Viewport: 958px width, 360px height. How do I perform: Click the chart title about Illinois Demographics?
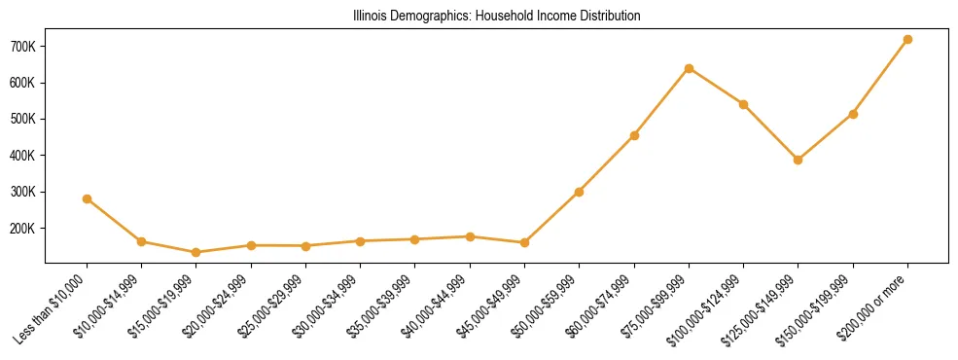496,17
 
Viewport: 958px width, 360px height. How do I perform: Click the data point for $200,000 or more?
907,40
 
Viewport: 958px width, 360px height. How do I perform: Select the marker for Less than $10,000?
88,198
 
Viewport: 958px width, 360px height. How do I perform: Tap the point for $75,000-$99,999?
689,68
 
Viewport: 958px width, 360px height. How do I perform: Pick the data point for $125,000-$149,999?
798,160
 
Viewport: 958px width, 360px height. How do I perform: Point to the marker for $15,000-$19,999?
196,252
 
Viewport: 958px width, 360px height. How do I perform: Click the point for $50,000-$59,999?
580,192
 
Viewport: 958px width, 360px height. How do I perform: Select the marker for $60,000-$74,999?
634,135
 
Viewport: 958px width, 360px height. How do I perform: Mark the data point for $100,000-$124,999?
744,104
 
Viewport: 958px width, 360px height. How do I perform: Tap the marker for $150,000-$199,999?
853,114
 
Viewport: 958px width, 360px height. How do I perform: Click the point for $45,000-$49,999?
525,242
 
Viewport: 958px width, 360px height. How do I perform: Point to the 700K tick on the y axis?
22,47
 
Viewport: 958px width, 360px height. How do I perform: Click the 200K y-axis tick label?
22,229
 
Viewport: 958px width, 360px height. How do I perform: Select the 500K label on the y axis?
22,120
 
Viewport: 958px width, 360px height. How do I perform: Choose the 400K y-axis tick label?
22,156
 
